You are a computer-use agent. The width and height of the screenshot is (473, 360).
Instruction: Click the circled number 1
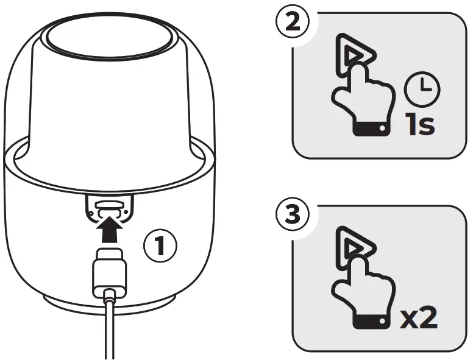tap(160, 247)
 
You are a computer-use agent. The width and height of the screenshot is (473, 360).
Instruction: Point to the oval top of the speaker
tap(108, 40)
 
